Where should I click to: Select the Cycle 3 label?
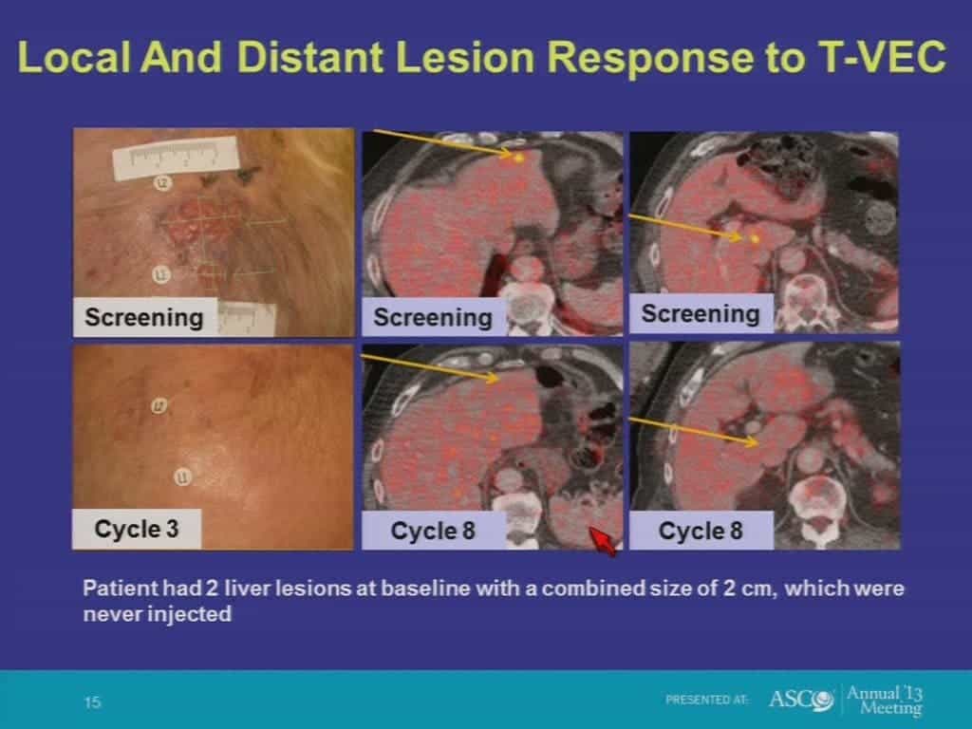(x=137, y=529)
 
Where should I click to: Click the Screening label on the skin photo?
(x=144, y=317)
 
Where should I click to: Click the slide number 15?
(x=92, y=702)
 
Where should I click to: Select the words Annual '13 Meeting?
(x=885, y=700)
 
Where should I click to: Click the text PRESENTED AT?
(x=707, y=700)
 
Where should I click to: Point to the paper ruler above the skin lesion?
(x=176, y=158)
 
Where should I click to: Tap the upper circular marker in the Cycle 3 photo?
(x=159, y=406)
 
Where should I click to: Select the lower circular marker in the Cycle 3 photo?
(x=181, y=477)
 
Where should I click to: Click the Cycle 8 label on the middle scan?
(x=433, y=531)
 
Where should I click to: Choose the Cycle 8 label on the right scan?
(x=701, y=531)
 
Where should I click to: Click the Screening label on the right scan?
(x=701, y=313)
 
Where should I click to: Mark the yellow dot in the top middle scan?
(x=519, y=159)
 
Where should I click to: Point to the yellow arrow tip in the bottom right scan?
(x=757, y=442)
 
